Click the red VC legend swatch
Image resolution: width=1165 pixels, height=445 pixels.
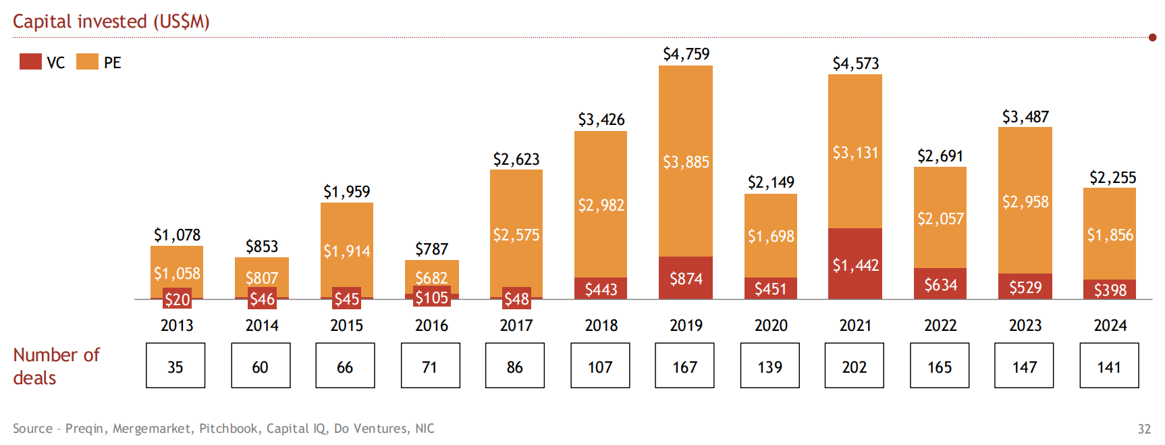click(30, 61)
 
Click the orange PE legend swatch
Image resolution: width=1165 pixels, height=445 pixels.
click(87, 61)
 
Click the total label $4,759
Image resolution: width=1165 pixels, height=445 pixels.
click(686, 54)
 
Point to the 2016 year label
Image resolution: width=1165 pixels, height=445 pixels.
click(431, 325)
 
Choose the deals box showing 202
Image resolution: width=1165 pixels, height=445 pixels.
click(854, 365)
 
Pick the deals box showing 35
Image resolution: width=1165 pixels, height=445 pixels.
click(175, 365)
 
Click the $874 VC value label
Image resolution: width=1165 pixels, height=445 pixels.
click(686, 279)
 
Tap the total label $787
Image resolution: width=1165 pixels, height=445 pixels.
click(431, 249)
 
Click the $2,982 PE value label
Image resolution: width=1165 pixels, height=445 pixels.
click(601, 205)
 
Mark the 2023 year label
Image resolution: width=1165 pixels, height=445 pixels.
click(1025, 325)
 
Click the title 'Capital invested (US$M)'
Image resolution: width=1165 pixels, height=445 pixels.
click(111, 22)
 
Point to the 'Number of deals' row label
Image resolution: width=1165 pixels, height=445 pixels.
click(56, 366)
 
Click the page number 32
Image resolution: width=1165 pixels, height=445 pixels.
click(1144, 429)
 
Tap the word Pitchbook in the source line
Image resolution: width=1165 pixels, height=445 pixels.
click(228, 429)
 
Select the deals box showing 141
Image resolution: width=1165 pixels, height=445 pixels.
click(1109, 365)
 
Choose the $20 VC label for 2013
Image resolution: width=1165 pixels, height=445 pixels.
click(177, 299)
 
